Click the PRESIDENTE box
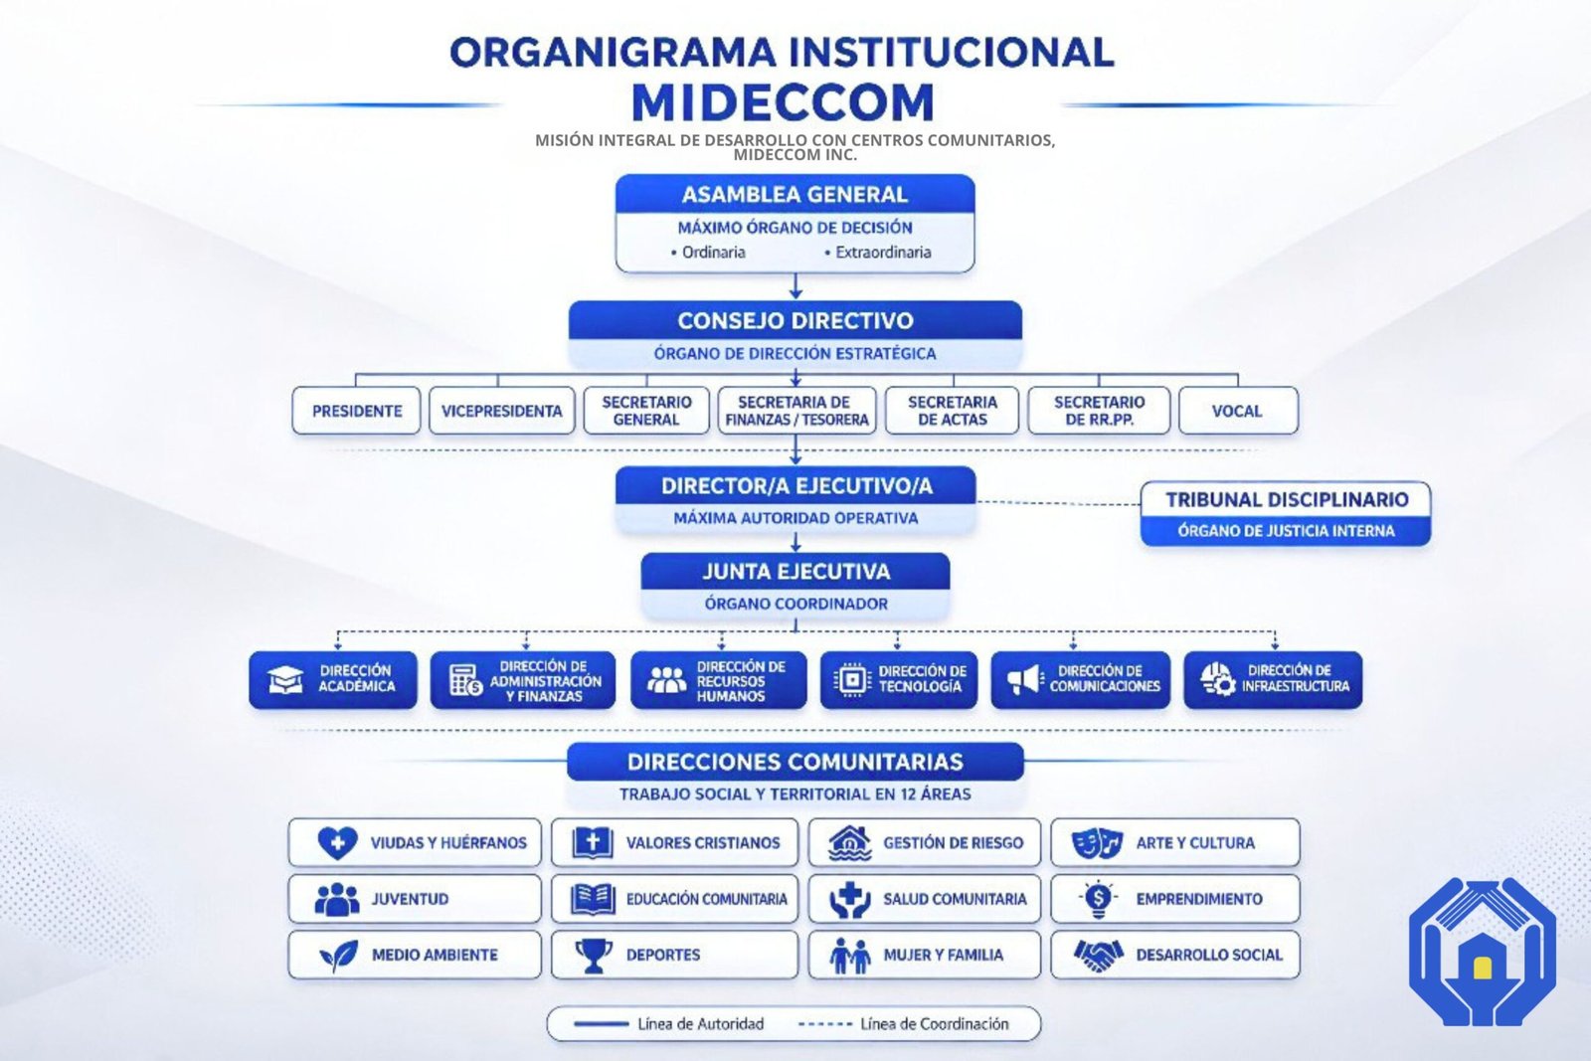tap(356, 411)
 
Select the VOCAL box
tap(1238, 411)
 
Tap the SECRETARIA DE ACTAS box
tap(952, 411)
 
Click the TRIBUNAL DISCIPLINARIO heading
tap(1287, 499)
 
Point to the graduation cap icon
tap(284, 680)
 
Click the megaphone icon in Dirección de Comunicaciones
tap(1025, 680)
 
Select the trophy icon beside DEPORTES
tap(594, 956)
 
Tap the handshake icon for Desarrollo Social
tap(1098, 956)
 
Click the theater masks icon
tap(1097, 843)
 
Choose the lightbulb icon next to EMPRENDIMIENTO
tap(1098, 899)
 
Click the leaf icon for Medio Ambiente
tap(338, 956)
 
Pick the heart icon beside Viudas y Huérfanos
tap(337, 843)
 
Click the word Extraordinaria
tap(883, 253)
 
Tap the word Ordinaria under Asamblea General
tap(714, 253)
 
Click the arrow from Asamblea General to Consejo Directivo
tap(795, 286)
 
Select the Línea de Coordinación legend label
tap(934, 1024)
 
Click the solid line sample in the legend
tap(601, 1024)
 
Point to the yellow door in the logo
tap(1482, 968)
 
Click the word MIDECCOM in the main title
tap(783, 102)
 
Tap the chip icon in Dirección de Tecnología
tap(852, 680)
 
